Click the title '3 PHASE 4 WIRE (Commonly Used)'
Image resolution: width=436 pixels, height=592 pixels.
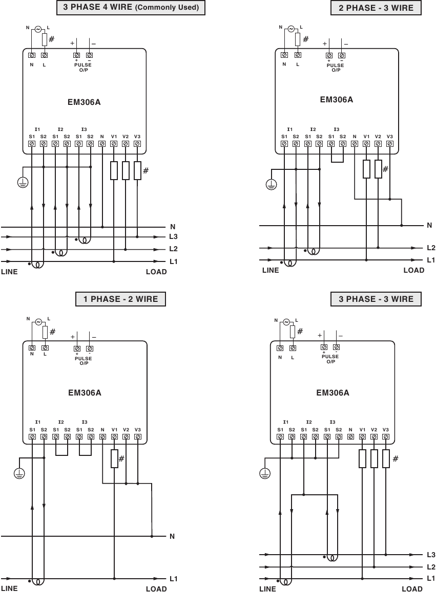(131, 8)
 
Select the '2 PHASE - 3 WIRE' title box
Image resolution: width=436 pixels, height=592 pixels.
(376, 8)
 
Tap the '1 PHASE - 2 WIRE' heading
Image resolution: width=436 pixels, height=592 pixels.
(120, 299)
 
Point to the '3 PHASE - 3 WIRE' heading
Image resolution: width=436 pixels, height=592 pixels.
(376, 299)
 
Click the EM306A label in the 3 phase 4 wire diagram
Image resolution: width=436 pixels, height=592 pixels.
(84, 102)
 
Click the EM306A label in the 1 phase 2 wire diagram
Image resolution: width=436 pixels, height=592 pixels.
(85, 393)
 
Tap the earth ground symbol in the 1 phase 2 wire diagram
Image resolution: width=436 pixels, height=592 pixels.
(19, 474)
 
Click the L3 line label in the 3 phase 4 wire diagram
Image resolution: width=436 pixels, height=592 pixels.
(174, 237)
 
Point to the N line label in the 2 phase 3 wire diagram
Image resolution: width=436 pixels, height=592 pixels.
(429, 225)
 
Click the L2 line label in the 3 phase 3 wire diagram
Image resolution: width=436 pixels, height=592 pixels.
(430, 567)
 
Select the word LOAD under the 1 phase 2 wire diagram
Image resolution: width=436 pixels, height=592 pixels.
(156, 589)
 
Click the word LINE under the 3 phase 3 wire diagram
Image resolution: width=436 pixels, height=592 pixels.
(267, 589)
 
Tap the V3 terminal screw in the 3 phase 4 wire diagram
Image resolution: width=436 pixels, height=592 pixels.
(137, 144)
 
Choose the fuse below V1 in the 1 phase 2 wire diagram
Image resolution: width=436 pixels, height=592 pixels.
(114, 459)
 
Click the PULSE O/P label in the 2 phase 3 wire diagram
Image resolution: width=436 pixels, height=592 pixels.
(336, 68)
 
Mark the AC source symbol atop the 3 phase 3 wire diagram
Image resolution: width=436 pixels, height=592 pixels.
(286, 322)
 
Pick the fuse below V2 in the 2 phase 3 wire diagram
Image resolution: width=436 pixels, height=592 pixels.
(378, 169)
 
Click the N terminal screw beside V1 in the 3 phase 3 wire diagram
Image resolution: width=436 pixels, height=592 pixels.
(350, 437)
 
